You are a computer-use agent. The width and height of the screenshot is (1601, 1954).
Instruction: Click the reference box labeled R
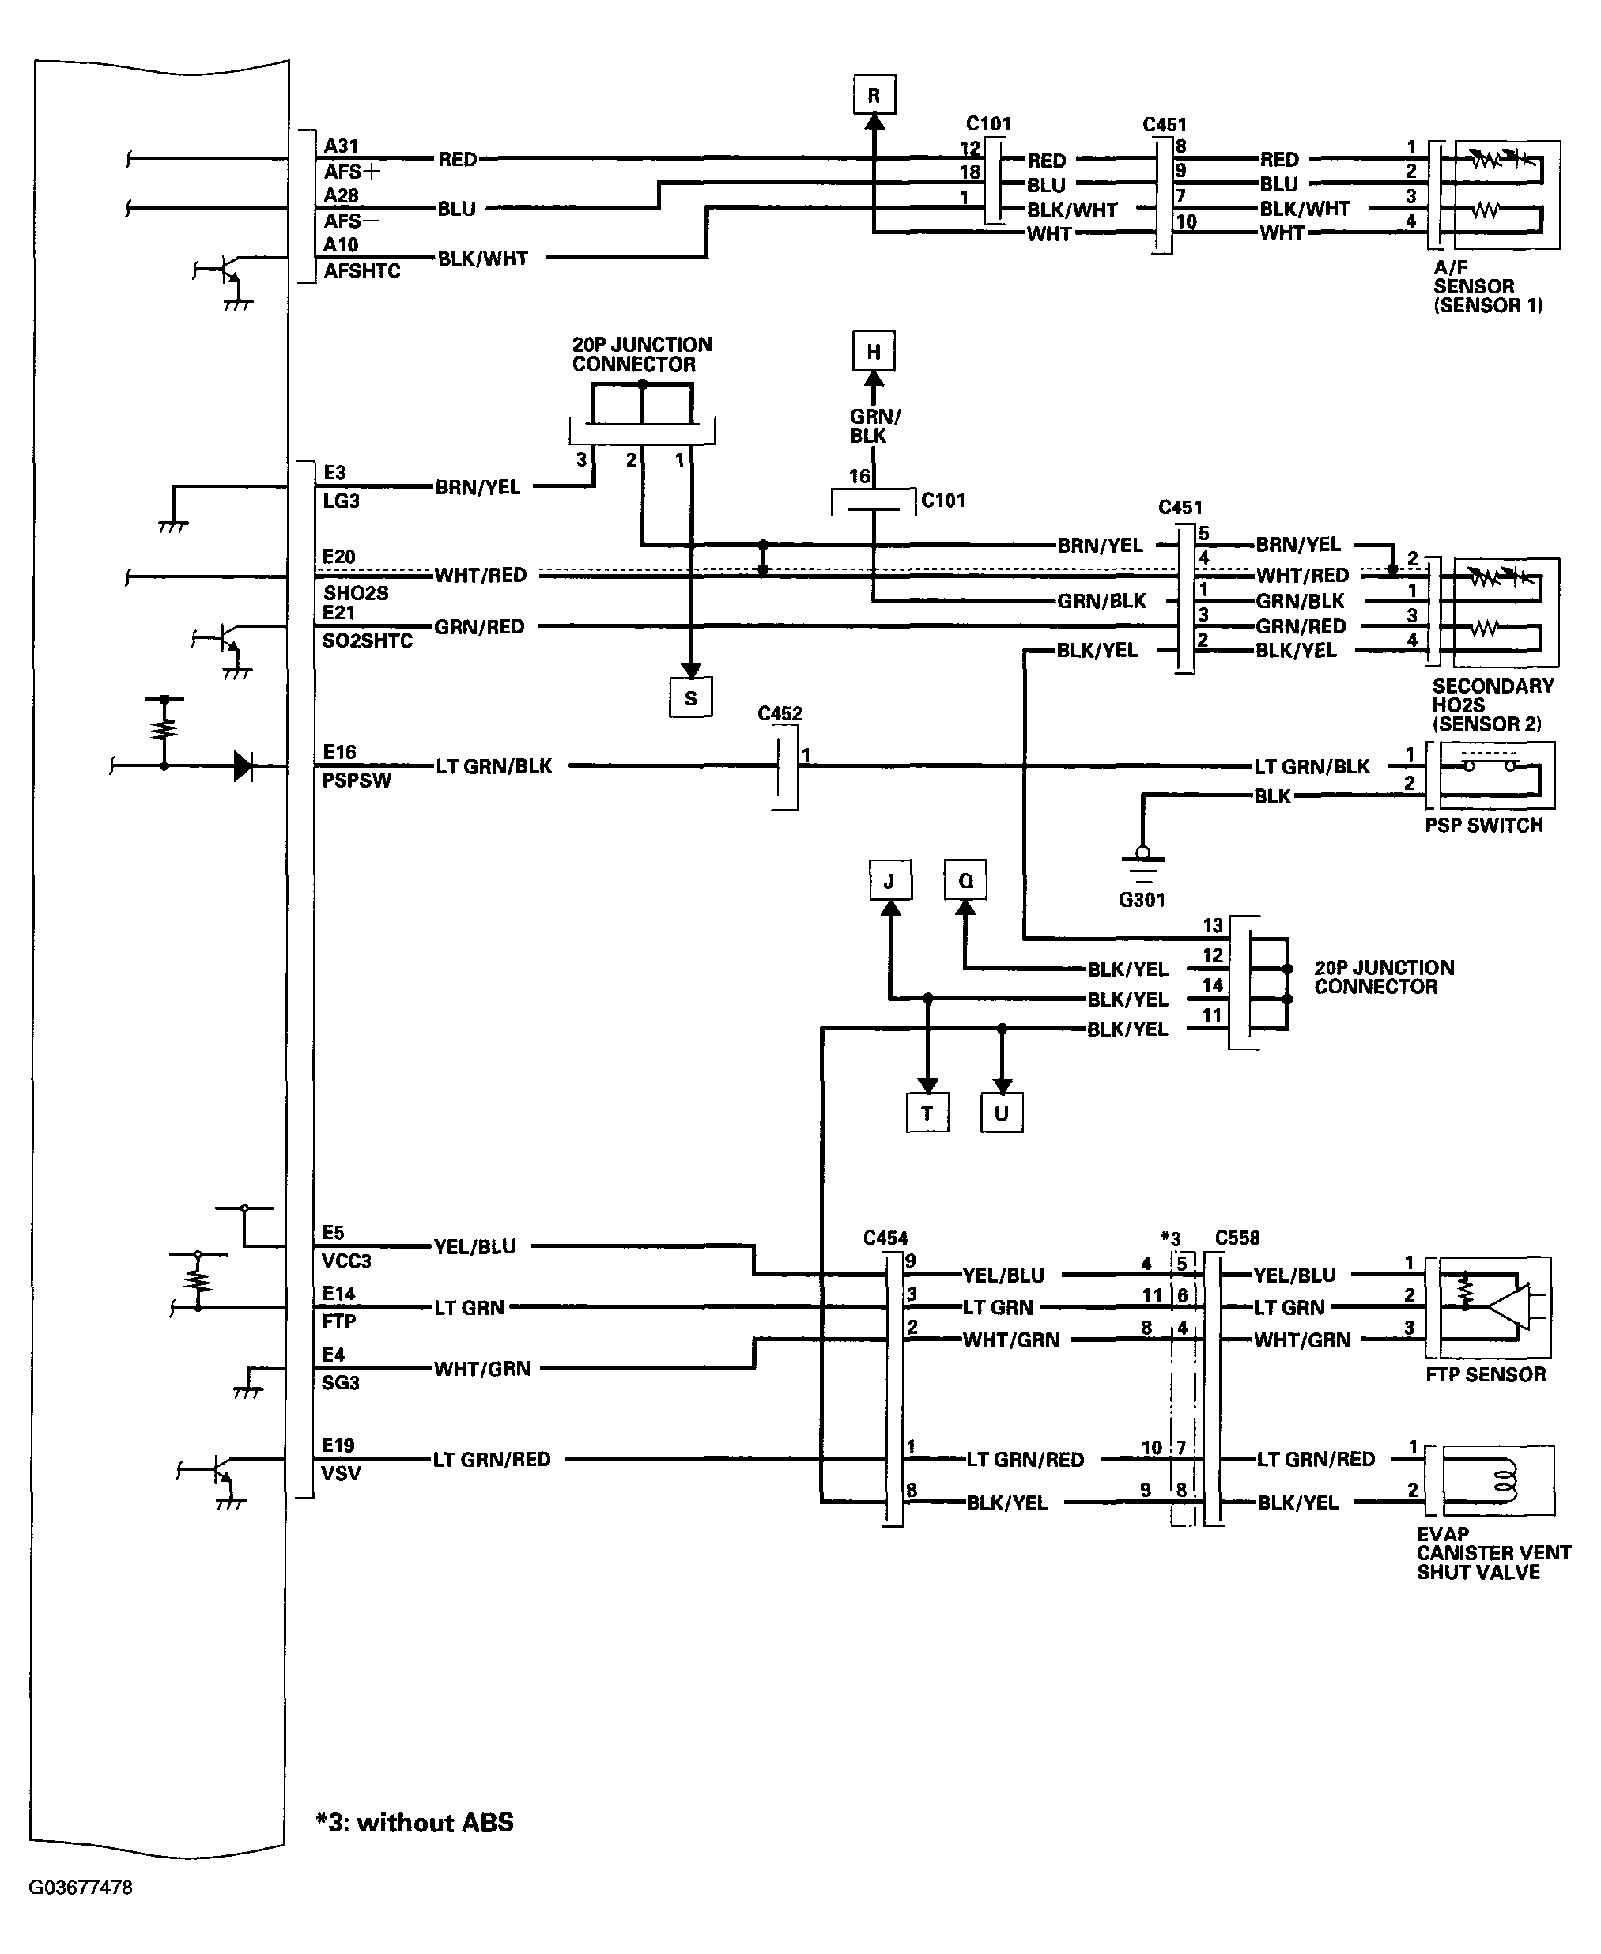coord(874,95)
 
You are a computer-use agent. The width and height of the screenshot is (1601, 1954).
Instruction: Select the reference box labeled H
coord(874,351)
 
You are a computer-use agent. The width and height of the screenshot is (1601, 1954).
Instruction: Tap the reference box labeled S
coord(691,698)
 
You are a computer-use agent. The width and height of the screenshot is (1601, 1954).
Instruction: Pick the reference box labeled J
coord(890,881)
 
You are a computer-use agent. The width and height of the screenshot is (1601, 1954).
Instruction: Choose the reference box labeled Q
coord(965,881)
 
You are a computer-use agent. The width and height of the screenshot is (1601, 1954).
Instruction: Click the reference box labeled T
coord(927,1113)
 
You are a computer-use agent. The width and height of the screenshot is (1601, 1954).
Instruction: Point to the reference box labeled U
coord(1002,1113)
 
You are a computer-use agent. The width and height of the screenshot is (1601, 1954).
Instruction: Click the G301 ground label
coord(1142,900)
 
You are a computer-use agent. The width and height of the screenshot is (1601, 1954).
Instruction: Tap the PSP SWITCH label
coord(1484,825)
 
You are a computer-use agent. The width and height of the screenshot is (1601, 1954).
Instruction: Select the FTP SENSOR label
coord(1486,1374)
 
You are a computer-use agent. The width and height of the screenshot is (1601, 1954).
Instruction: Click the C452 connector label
coord(780,713)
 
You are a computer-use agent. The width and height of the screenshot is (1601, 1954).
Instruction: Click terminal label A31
coord(342,146)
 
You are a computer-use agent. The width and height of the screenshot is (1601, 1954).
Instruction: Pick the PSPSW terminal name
coord(357,780)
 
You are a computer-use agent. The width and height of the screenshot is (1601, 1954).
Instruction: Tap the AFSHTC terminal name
coord(362,271)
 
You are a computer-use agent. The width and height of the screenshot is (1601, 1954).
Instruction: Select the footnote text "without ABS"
coord(436,1823)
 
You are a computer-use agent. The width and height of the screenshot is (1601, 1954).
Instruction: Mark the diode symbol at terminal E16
coord(244,765)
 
